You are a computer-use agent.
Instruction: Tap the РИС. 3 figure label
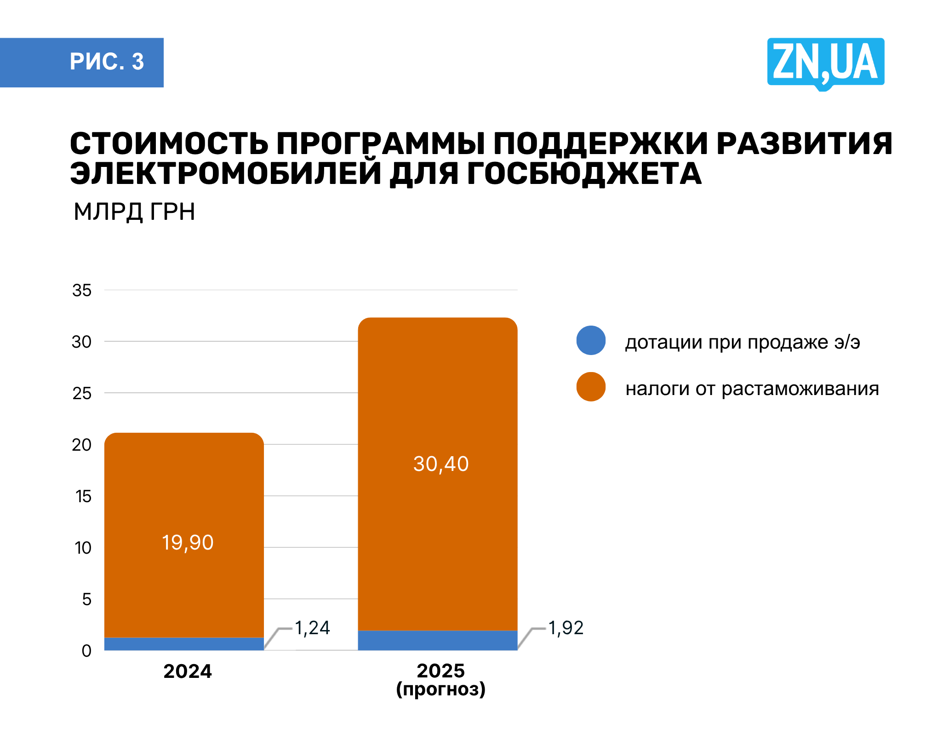[107, 62]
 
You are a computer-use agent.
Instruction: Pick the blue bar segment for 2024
[184, 644]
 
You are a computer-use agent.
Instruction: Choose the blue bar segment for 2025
[437, 640]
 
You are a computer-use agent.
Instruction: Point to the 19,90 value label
[188, 543]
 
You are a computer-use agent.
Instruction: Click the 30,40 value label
[440, 464]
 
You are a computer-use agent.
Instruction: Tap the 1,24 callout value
[312, 628]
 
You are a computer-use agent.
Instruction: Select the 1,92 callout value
[566, 628]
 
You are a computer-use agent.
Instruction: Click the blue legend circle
[591, 340]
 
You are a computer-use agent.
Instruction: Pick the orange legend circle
[591, 387]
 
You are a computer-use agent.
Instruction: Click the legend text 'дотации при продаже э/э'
[743, 342]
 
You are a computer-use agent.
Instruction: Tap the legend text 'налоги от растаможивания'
[752, 389]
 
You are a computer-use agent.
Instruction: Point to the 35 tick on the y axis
[82, 291]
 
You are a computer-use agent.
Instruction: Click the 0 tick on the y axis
[86, 651]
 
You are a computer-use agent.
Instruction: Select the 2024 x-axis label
[188, 671]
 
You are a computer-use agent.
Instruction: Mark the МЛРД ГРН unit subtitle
[134, 212]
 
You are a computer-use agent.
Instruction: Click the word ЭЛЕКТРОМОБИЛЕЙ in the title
[225, 174]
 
